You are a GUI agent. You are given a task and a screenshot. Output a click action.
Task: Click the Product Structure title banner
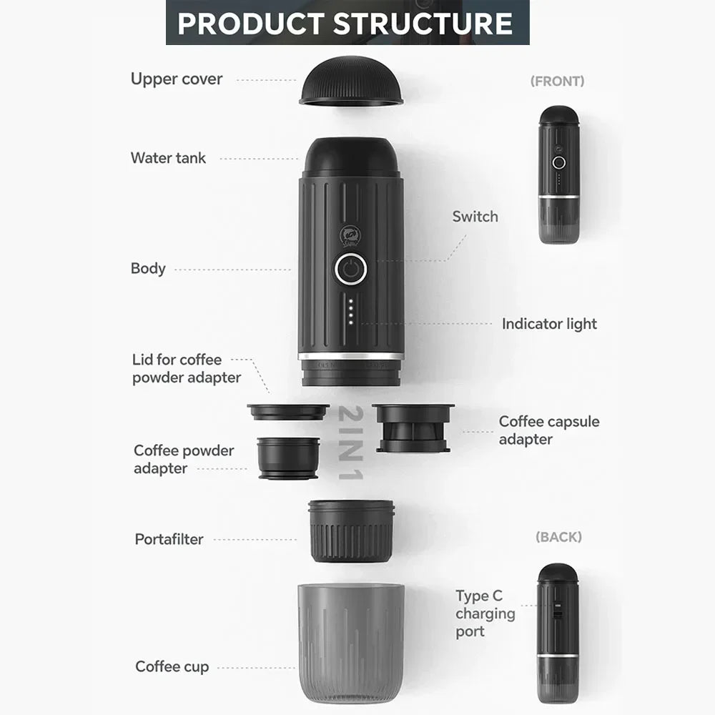click(x=347, y=23)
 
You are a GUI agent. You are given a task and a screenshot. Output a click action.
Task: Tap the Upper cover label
click(x=177, y=79)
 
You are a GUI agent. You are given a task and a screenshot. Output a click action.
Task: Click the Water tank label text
click(x=168, y=158)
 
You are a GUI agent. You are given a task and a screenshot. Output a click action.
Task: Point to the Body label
click(x=148, y=269)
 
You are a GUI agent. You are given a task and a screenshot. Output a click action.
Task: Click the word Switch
click(x=475, y=216)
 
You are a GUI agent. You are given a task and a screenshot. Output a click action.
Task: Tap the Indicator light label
click(x=549, y=324)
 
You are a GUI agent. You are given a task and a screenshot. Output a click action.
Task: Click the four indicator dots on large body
click(x=351, y=311)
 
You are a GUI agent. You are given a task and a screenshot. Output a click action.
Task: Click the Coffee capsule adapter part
click(x=413, y=427)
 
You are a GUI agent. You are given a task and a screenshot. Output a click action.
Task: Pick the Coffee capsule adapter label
click(x=549, y=430)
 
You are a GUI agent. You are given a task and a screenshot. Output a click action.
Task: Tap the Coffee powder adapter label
click(x=184, y=459)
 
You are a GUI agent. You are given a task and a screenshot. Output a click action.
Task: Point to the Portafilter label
click(x=169, y=539)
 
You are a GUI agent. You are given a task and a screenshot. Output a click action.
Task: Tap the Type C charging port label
click(x=485, y=613)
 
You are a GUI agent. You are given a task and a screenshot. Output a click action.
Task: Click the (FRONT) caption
click(x=557, y=82)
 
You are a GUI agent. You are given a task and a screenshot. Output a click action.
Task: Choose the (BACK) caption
click(x=558, y=536)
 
